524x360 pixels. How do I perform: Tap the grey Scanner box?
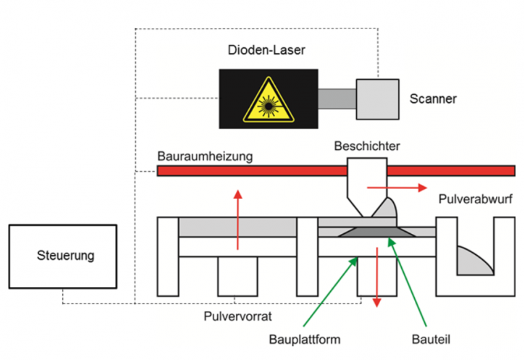377,98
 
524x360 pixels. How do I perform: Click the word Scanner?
433,99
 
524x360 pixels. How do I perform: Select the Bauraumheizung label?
205,156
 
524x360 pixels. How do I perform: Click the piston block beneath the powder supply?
236,277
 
